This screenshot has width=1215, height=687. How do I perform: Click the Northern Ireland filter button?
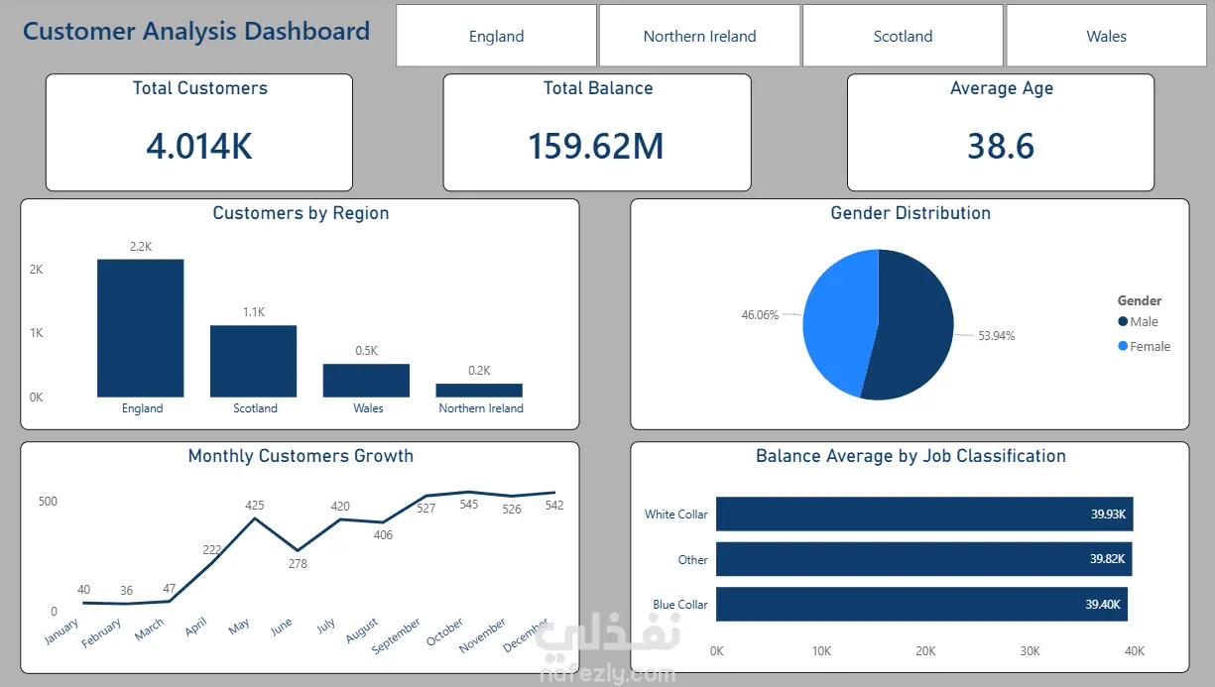tap(699, 37)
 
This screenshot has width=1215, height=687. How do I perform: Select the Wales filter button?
tap(1106, 37)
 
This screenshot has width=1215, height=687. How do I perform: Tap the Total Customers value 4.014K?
tap(199, 147)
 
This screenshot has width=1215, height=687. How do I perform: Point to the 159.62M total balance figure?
tap(596, 147)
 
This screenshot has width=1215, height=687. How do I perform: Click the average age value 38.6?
tap(1001, 147)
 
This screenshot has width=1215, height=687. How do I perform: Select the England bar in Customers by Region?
tap(141, 327)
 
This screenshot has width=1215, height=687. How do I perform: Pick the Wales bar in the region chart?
tap(366, 381)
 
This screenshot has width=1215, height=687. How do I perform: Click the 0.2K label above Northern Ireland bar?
tap(479, 371)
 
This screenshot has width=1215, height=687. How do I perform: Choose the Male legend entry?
tap(1143, 322)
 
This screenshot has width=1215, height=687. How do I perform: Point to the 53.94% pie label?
tap(996, 336)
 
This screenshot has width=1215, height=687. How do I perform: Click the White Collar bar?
tap(922, 515)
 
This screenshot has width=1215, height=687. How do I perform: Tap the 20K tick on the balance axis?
tap(925, 651)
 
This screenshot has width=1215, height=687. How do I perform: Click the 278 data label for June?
tap(298, 564)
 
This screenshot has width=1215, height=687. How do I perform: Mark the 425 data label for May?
tap(255, 506)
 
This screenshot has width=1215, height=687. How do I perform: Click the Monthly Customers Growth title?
tap(301, 456)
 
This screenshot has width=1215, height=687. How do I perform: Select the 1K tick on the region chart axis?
tap(37, 333)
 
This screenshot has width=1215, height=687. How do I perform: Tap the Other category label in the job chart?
tap(692, 560)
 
